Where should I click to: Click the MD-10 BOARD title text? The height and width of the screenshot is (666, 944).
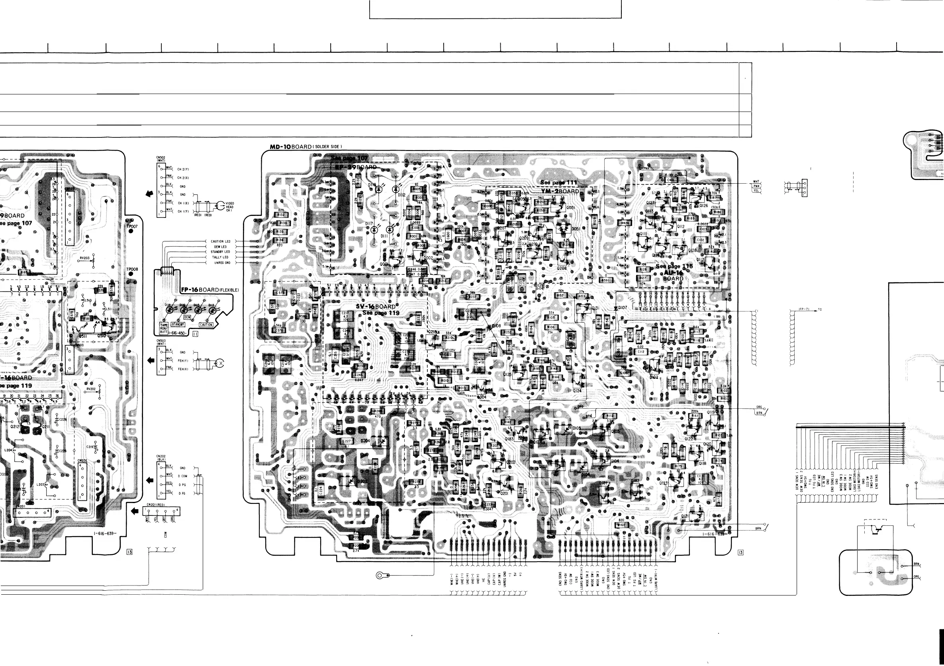(306, 147)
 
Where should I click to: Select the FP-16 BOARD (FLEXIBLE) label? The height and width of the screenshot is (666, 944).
(209, 290)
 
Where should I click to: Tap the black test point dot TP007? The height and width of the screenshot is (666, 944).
(131, 231)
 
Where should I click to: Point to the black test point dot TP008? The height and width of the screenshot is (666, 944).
(131, 274)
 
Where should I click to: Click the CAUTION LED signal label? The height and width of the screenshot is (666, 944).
(220, 241)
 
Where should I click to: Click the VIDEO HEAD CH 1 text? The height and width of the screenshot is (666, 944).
(230, 207)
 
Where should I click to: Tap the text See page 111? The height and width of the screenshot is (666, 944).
(558, 182)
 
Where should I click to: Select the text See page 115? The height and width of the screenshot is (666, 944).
(674, 266)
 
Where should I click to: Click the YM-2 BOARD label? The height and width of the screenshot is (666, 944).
(560, 191)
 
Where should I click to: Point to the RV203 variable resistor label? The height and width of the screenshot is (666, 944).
(85, 258)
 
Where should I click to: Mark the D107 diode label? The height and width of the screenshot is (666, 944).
(623, 308)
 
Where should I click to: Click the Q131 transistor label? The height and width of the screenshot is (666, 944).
(595, 308)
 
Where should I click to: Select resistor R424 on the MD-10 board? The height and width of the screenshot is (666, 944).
(625, 223)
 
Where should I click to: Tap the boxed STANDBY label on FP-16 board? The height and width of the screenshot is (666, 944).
(178, 324)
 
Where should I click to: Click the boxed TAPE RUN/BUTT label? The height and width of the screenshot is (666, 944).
(164, 328)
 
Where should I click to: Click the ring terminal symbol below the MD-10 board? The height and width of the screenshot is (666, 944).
(381, 575)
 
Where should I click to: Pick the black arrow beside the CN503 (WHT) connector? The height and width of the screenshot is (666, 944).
(151, 360)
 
